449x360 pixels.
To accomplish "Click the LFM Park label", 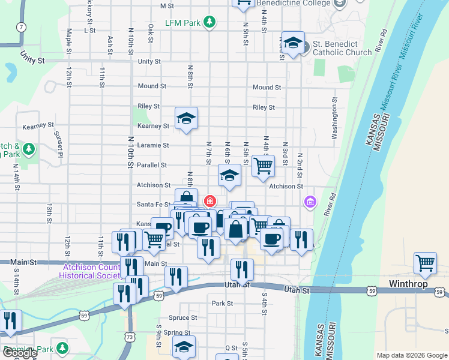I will [183, 23].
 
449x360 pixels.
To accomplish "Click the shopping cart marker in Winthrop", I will [425, 263].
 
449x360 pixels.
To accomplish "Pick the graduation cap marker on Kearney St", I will [186, 118].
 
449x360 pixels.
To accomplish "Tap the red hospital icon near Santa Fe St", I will [210, 201].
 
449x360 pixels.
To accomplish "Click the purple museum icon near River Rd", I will [310, 200].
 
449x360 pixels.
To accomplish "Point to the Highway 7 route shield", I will [22, 27].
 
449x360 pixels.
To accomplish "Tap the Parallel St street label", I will [154, 165].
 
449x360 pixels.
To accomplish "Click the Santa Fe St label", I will [150, 205].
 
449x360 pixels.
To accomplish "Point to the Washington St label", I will [335, 122].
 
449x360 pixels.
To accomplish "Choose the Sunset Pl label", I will [59, 140].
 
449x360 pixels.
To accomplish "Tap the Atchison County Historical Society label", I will [90, 271].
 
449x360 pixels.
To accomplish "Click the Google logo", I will [20, 353].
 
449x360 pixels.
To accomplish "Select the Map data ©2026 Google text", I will [411, 355].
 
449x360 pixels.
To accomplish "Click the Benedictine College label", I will [294, 3].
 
